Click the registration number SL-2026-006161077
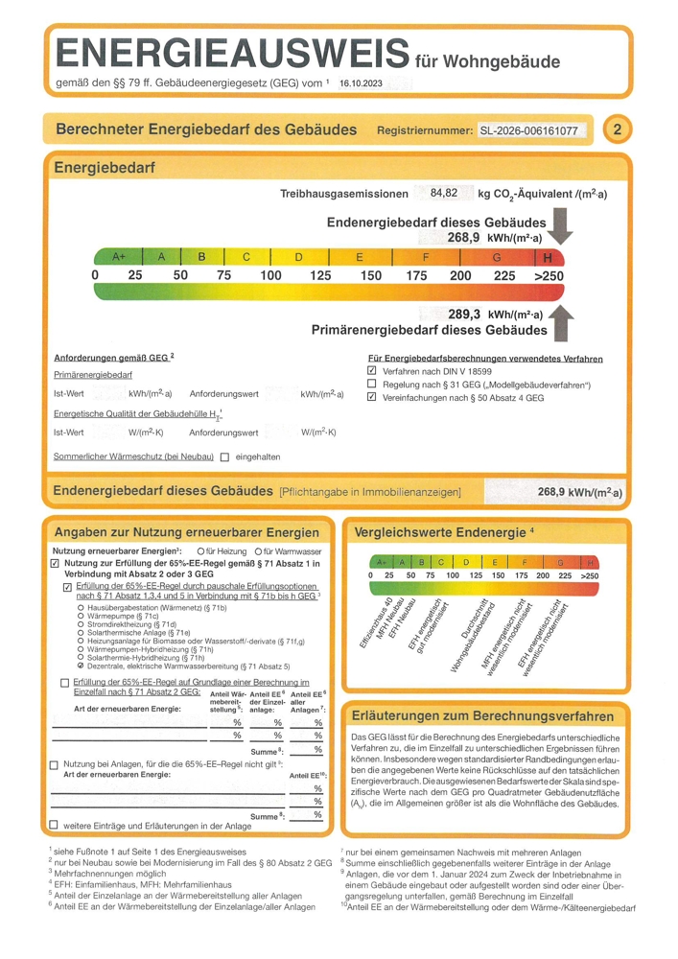[x=535, y=130]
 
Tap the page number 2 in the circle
[x=617, y=129]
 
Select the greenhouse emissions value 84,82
[x=444, y=193]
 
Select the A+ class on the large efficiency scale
[x=120, y=257]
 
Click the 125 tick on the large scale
[x=321, y=276]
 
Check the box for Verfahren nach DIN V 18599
[x=373, y=370]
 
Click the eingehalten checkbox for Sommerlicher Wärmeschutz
[x=224, y=457]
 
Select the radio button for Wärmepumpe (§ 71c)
[x=80, y=616]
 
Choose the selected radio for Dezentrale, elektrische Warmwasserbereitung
[x=80, y=666]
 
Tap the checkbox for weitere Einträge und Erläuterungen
[x=54, y=825]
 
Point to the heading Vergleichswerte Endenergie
[x=440, y=531]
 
